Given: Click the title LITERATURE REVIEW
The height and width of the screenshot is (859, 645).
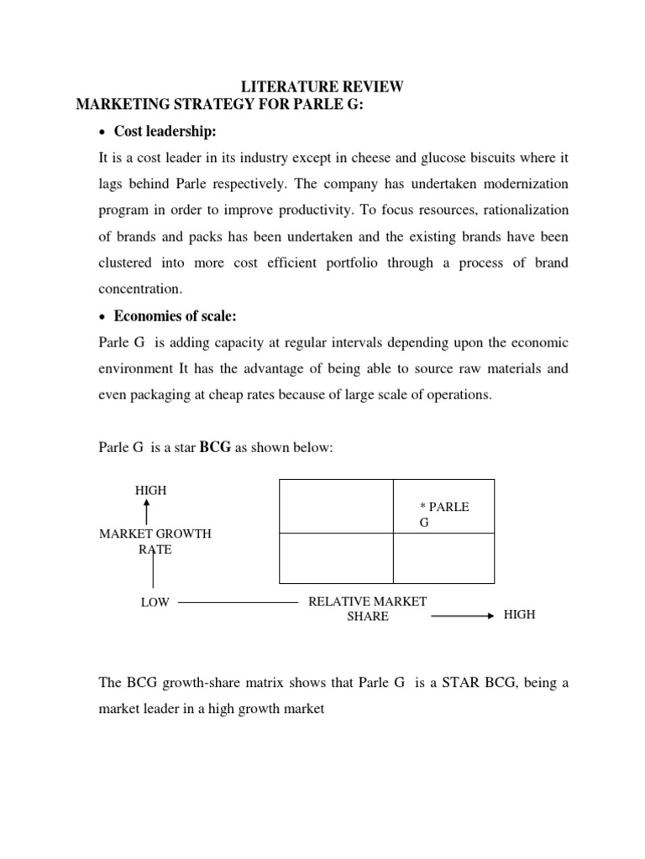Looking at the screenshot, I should coord(322,86).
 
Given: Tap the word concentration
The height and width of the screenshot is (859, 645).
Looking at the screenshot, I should coord(139,289).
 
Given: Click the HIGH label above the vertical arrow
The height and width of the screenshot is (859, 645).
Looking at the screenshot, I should coord(150,491).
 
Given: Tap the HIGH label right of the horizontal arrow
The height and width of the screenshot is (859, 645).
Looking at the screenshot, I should coord(519,615).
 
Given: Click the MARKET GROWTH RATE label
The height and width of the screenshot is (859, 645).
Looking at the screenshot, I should coord(155,541).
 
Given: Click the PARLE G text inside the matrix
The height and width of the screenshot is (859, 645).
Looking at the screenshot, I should coord(443,514).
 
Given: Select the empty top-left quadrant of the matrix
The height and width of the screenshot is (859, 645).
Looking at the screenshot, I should coord(336,506).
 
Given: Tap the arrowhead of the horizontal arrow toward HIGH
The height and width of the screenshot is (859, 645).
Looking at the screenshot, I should coord(490,616).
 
